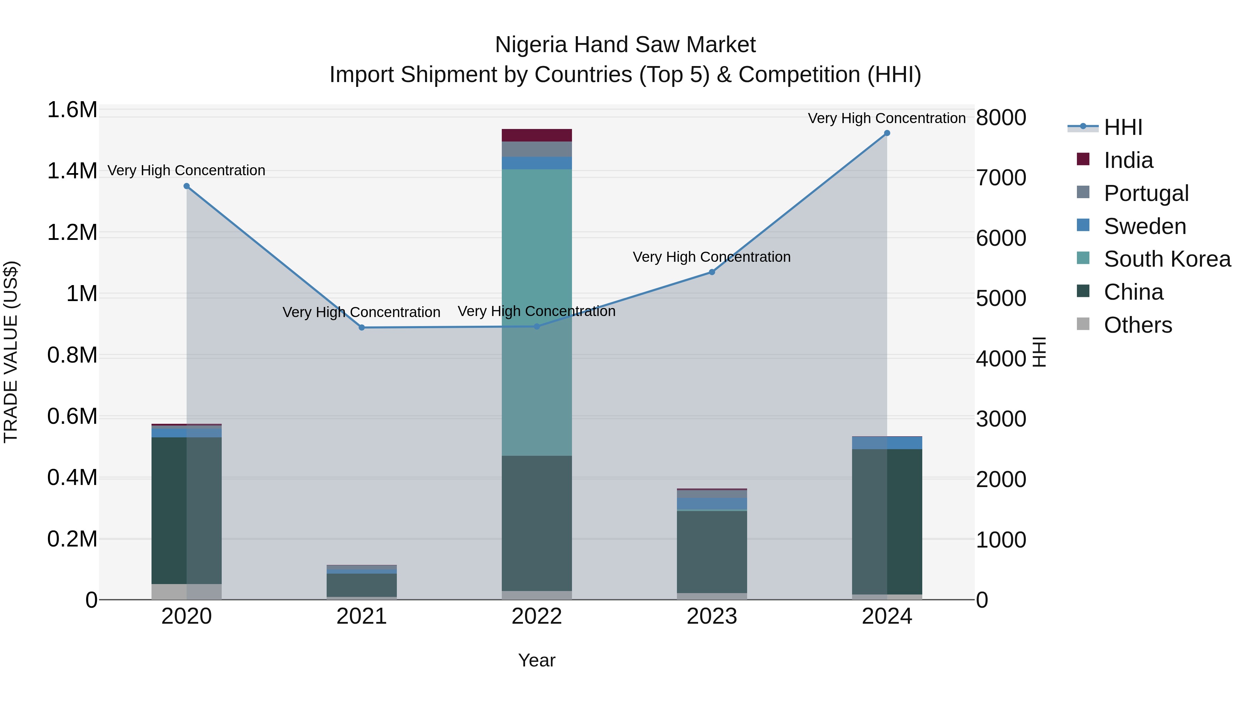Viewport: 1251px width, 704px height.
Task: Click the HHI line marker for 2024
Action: point(887,133)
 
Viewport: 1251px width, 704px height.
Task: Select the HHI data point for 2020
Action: point(187,186)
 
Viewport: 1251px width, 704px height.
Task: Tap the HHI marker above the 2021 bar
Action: point(362,327)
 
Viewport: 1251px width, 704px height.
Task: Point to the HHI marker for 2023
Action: point(712,272)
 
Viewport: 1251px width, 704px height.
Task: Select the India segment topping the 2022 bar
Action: point(537,135)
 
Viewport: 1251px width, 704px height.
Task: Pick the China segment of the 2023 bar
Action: point(712,551)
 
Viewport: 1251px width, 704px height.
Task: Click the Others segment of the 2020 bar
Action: point(187,591)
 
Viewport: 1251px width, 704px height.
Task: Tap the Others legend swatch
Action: point(1083,324)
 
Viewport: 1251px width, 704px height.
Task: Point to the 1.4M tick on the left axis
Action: point(72,171)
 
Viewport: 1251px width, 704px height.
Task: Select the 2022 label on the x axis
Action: point(537,616)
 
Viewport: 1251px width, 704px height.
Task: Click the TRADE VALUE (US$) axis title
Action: point(11,352)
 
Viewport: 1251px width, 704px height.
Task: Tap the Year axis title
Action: point(537,660)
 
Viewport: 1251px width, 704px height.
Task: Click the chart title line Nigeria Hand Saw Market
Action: point(625,45)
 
